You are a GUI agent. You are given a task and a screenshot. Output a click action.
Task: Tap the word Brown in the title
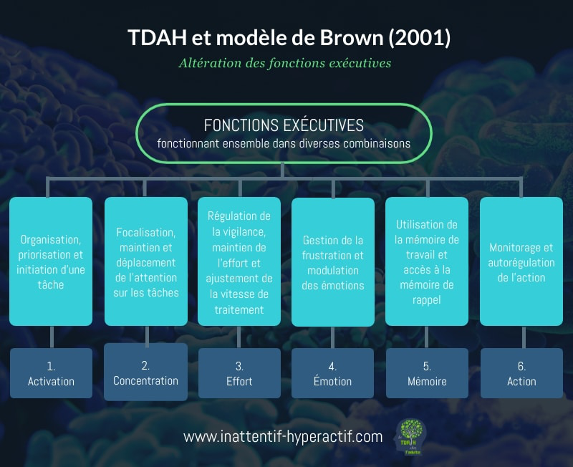tap(352, 37)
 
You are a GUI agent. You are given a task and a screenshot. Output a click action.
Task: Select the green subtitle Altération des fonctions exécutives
tap(285, 63)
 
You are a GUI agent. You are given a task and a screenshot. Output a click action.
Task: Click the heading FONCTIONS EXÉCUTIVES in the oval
tap(284, 125)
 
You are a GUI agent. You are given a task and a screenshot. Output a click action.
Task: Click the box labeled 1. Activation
tap(51, 373)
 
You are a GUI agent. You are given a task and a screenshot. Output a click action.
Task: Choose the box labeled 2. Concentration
tap(146, 372)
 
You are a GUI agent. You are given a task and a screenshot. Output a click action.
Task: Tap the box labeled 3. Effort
tap(239, 373)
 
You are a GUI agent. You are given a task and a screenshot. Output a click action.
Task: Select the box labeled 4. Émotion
tap(332, 373)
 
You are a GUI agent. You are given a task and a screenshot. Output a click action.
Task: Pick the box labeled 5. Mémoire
tap(427, 373)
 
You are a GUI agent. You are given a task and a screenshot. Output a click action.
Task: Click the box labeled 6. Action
tap(521, 373)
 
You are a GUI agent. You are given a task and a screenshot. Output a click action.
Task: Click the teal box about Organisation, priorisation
tap(51, 261)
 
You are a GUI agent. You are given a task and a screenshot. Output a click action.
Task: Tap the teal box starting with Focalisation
tap(146, 261)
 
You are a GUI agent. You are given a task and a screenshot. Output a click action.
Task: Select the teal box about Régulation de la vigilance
tap(239, 261)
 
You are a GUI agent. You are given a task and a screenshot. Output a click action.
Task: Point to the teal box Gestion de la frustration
tap(333, 262)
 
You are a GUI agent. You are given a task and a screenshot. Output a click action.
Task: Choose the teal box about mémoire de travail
tap(427, 261)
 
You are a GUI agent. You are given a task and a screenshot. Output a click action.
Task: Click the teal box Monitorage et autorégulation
tap(521, 261)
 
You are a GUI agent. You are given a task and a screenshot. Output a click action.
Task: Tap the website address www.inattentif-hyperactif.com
tap(283, 437)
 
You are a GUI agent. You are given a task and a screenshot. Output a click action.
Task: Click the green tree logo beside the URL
tap(410, 437)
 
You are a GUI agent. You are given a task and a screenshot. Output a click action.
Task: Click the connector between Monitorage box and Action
tap(524, 337)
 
